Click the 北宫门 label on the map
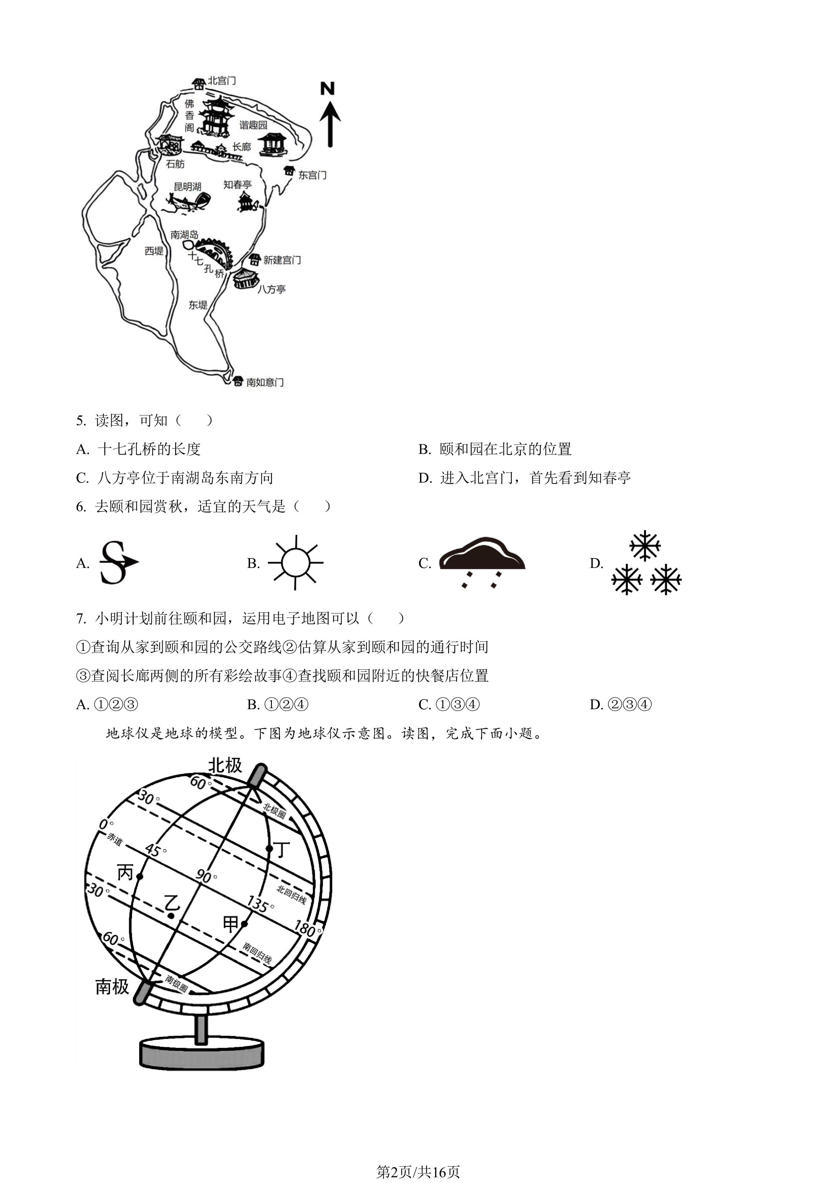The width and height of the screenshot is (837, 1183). point(222,81)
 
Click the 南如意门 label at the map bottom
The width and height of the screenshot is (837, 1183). point(265,382)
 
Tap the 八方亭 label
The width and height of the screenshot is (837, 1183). point(272,290)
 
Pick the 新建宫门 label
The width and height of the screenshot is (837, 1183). point(282,260)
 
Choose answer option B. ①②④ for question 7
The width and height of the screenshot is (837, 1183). point(278,704)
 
